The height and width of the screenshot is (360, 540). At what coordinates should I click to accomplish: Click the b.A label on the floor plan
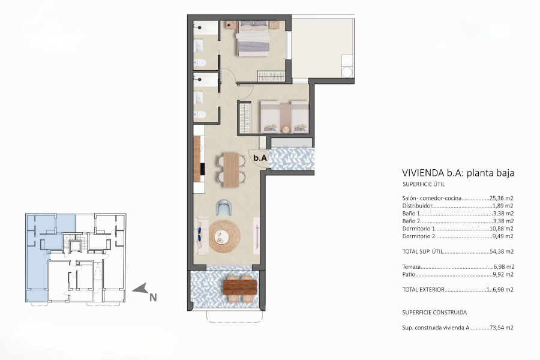pyautogui.click(x=260, y=158)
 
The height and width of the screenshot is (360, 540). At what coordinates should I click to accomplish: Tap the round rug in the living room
pyautogui.click(x=224, y=236)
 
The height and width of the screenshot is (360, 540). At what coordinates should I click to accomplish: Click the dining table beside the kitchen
pyautogui.click(x=231, y=168)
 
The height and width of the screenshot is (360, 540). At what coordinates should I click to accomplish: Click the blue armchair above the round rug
pyautogui.click(x=224, y=208)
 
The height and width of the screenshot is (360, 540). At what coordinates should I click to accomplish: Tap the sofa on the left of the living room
pyautogui.click(x=199, y=236)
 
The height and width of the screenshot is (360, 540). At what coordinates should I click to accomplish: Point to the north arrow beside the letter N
pyautogui.click(x=140, y=290)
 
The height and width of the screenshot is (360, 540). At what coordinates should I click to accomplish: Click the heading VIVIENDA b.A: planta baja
pyautogui.click(x=458, y=173)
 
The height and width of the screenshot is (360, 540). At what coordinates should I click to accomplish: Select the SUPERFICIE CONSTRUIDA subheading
pyautogui.click(x=434, y=313)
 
